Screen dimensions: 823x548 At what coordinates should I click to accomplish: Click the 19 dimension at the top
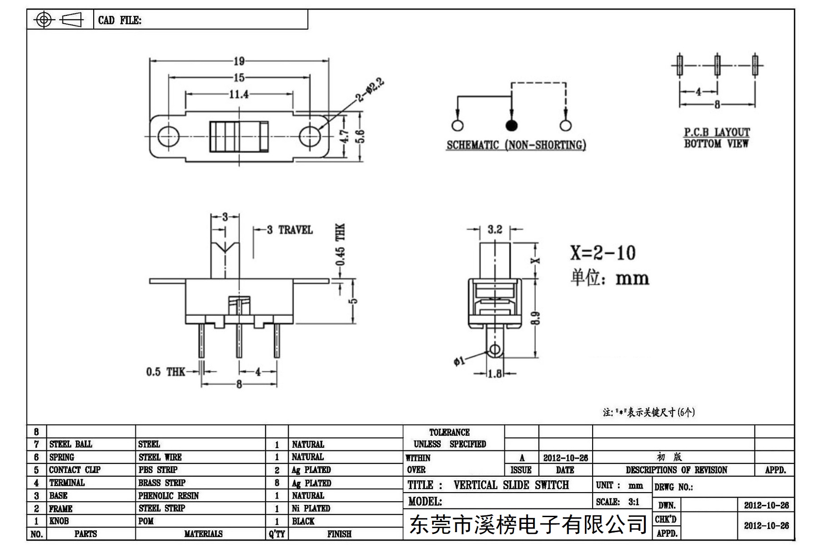point(239,61)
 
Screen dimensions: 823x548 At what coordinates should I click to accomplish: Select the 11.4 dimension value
point(239,94)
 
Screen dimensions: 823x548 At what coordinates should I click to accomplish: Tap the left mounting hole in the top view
point(168,136)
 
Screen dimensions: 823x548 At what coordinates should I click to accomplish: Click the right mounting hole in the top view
point(310,136)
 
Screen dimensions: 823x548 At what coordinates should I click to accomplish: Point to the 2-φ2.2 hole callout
point(370,90)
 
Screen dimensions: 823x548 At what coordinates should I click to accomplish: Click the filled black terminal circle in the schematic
point(512,125)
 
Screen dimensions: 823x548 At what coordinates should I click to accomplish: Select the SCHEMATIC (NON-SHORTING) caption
point(516,145)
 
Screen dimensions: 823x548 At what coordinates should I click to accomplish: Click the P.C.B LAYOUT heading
point(717,132)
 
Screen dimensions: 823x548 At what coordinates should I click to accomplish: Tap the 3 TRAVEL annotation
point(290,230)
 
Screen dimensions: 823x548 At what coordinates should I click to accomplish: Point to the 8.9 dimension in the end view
point(536,318)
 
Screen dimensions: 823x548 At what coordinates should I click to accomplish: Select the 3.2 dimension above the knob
point(495,230)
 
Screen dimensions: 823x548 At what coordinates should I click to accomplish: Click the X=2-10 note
point(603,253)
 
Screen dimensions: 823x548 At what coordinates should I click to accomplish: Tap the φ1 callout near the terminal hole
point(459,361)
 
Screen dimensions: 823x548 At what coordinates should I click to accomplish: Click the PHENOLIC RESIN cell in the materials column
point(169,496)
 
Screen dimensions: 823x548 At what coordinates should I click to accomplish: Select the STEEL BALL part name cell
point(70,444)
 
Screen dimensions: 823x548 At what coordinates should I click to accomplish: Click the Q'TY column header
point(276,534)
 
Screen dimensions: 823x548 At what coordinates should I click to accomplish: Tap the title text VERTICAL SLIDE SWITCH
point(511,485)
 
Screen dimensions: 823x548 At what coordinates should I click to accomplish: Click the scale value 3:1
point(633,502)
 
